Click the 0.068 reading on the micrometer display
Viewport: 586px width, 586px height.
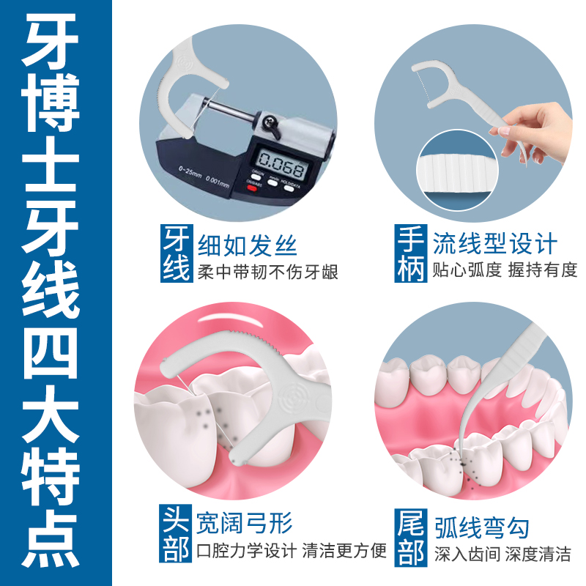pos(281,164)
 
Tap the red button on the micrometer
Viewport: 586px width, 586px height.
pos(252,188)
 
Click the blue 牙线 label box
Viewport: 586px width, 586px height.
pos(177,253)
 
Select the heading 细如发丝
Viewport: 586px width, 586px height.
pos(248,245)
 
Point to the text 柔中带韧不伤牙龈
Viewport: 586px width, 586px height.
pos(267,272)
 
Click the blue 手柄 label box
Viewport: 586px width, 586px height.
pos(411,253)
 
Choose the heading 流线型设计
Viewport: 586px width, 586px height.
pos(495,243)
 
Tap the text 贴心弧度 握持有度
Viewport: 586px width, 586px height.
pos(505,270)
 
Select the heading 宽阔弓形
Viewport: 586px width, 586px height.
pos(245,523)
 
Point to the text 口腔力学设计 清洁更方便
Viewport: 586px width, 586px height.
pos(292,551)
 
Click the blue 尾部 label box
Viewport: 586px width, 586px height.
pos(411,538)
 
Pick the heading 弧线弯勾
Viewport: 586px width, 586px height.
pos(482,527)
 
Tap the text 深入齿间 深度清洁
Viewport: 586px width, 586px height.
pos(502,554)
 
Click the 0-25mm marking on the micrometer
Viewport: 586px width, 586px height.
pos(190,172)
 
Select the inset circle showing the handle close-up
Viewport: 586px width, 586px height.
pos(457,171)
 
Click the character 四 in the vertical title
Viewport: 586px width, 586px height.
pos(51,355)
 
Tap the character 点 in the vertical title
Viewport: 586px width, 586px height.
pos(51,540)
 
